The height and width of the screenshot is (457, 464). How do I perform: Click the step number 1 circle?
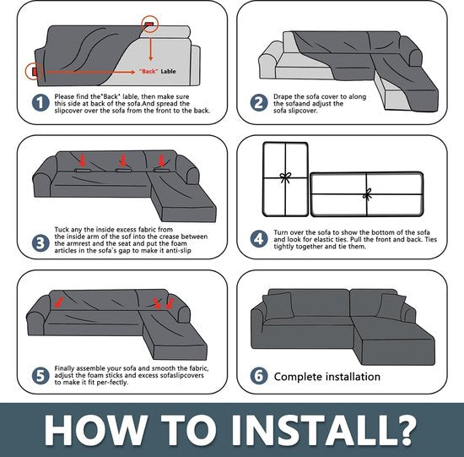(x=40, y=103)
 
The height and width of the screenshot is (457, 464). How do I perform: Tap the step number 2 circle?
(x=259, y=103)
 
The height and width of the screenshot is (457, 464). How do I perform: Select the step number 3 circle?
(x=40, y=243)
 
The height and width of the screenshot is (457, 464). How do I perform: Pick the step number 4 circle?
(x=259, y=239)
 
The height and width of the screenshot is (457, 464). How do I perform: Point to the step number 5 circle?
(x=40, y=376)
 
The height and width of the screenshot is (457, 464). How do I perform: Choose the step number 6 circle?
(x=259, y=376)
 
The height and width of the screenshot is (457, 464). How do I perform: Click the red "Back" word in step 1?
(x=148, y=72)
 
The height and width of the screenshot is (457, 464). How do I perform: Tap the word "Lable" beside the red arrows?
(x=168, y=72)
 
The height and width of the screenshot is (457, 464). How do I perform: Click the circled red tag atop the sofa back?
(x=148, y=24)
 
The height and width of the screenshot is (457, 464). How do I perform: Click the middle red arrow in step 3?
(x=123, y=160)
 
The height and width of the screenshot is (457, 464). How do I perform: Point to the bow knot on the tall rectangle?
(x=285, y=177)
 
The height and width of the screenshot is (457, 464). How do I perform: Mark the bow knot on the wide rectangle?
(x=367, y=194)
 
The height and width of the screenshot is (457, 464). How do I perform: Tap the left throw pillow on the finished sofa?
(x=278, y=306)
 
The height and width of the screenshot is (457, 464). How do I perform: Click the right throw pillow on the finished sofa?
(x=391, y=307)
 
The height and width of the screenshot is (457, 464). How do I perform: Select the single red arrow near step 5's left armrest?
(x=58, y=303)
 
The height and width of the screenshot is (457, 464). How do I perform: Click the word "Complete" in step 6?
(x=298, y=377)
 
